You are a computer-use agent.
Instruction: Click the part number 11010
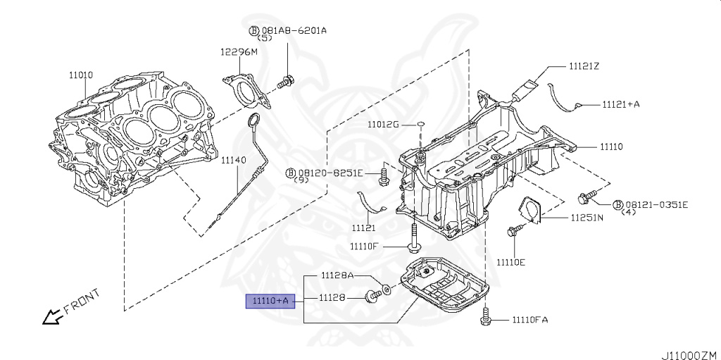(x=80, y=74)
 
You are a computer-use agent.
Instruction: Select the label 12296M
(x=239, y=52)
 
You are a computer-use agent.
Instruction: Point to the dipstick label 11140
(x=233, y=161)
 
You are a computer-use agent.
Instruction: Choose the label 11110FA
(x=522, y=320)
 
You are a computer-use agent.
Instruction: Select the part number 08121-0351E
(x=656, y=204)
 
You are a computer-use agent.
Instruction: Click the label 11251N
(x=587, y=218)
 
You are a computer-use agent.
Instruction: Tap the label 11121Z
(x=584, y=66)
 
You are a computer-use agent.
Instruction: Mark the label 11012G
(x=382, y=125)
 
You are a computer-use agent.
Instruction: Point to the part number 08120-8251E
(x=330, y=173)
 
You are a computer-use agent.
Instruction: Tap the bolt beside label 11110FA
(x=485, y=318)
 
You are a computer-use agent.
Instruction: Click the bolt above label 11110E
(x=513, y=230)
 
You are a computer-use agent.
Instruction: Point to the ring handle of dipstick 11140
(x=256, y=120)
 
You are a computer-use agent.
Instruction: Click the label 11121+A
(x=620, y=104)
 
